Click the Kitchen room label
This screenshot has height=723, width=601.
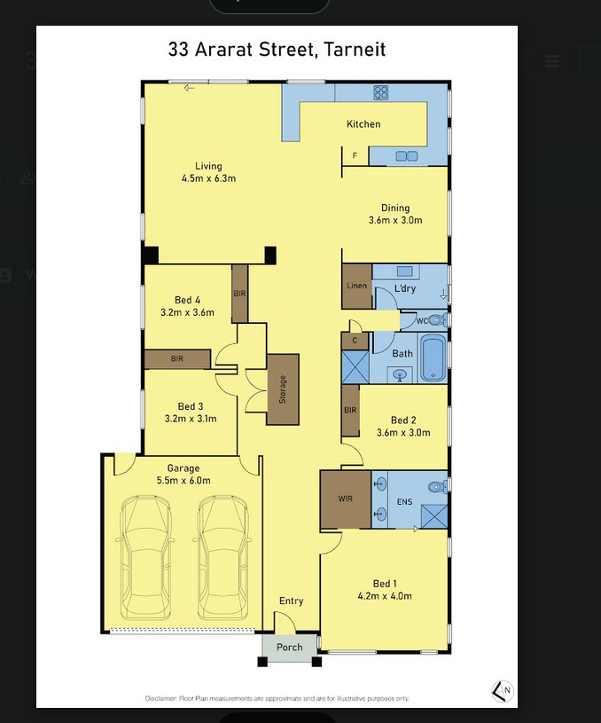click(363, 124)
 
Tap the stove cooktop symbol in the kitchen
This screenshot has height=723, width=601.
click(380, 92)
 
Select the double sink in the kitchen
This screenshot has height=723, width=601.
click(407, 156)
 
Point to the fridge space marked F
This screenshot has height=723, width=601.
click(355, 156)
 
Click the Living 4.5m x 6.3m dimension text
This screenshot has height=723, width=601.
click(209, 178)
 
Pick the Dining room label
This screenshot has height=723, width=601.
click(395, 208)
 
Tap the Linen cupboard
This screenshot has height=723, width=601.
click(356, 286)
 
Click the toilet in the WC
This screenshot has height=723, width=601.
click(437, 319)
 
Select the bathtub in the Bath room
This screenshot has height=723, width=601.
click(433, 358)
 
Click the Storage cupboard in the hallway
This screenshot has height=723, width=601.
click(283, 389)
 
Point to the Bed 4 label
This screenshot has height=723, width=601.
click(187, 300)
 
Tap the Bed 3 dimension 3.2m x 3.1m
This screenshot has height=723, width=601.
click(191, 419)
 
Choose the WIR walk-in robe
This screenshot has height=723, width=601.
click(346, 499)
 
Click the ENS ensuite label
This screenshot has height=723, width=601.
click(405, 502)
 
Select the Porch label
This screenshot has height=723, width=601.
click(290, 648)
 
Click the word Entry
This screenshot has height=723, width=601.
click(292, 601)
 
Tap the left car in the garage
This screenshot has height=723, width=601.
click(145, 557)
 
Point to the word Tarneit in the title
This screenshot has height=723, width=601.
click(355, 49)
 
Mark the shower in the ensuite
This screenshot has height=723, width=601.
click(434, 516)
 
